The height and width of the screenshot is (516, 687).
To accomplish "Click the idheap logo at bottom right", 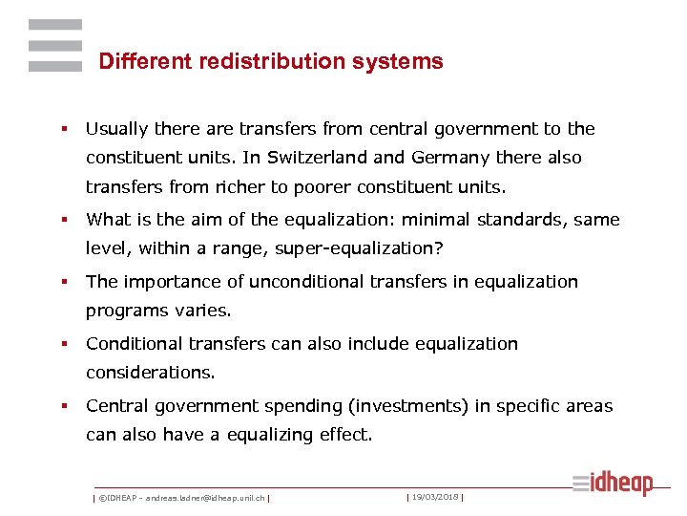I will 613,484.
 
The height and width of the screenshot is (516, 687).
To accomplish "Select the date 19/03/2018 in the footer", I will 434,497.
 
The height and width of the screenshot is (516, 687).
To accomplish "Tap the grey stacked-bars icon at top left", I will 54,45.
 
